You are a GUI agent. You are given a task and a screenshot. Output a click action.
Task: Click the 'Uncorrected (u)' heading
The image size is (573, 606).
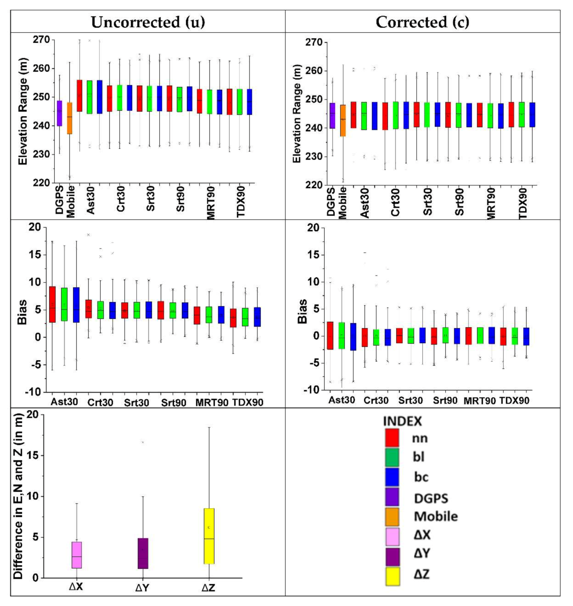click(x=148, y=22)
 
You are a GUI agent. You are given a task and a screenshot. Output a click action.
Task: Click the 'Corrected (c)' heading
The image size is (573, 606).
click(x=422, y=22)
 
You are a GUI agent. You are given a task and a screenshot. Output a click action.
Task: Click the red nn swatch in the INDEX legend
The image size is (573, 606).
click(x=392, y=438)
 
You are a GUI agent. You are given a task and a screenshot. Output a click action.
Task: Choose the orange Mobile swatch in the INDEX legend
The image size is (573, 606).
click(x=392, y=516)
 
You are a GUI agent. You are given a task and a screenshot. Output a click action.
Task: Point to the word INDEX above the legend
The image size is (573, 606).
click(x=402, y=421)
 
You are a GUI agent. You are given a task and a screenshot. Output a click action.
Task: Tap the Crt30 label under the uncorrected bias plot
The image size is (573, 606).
click(x=100, y=402)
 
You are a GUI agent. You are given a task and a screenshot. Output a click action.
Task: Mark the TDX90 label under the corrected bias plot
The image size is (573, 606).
click(x=514, y=400)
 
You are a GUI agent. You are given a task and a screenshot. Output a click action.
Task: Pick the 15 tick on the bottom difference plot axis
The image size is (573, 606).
click(x=36, y=455)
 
